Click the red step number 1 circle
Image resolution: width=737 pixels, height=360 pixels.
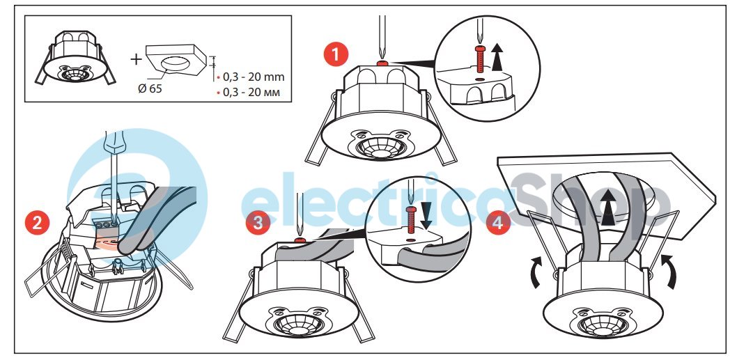point(336,54)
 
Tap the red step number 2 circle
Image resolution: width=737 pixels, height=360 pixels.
point(37,222)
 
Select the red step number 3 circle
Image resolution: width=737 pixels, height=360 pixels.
point(258,222)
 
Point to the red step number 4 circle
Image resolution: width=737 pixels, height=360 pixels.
point(498,222)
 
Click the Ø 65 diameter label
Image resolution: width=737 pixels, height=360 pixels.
point(150,88)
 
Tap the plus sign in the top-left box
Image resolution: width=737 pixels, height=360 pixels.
point(135,59)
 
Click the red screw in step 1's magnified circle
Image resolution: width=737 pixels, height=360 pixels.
point(479,59)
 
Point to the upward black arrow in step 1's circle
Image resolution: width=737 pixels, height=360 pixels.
point(498,55)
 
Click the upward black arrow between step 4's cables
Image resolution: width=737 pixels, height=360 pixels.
point(609,208)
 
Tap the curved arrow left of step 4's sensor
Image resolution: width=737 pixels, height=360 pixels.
point(536,271)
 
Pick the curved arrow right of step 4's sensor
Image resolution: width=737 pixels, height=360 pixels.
point(670,271)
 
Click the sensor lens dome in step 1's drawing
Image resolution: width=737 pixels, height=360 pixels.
point(381,147)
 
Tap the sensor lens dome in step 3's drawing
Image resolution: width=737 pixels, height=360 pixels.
point(298,324)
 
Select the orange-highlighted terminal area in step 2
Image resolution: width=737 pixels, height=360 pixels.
point(109,238)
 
